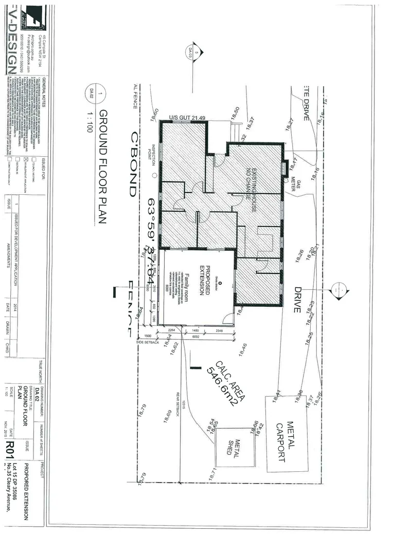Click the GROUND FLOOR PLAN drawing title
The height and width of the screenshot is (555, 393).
tap(102, 167)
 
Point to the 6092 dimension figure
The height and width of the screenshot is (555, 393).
tap(195, 337)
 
